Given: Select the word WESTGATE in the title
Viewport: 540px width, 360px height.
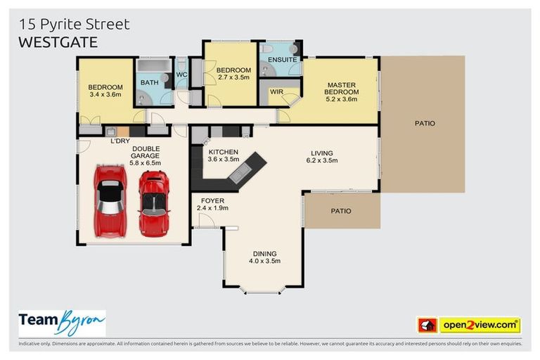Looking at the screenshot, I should tap(58, 42).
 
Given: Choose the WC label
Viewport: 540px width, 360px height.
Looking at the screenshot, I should tap(181, 74).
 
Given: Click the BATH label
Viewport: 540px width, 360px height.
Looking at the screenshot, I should tap(149, 82).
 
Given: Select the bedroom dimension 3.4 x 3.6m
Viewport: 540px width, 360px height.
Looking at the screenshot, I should tap(105, 94).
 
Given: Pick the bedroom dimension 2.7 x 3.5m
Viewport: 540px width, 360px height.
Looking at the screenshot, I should tap(233, 78).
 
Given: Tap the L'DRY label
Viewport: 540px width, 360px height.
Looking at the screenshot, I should tap(120, 141).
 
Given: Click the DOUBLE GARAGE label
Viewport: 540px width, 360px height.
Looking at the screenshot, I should tap(146, 152).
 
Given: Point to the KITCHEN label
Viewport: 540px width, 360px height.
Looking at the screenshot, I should tap(223, 152).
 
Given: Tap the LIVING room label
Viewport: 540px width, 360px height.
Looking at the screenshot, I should tap(322, 153).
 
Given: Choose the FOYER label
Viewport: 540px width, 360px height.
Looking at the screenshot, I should tap(212, 200).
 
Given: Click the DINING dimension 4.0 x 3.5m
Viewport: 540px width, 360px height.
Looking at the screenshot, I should tap(265, 261).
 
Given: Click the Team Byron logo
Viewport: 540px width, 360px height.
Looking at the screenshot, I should tap(62, 323).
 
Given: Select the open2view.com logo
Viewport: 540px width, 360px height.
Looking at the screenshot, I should tap(468, 325).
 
